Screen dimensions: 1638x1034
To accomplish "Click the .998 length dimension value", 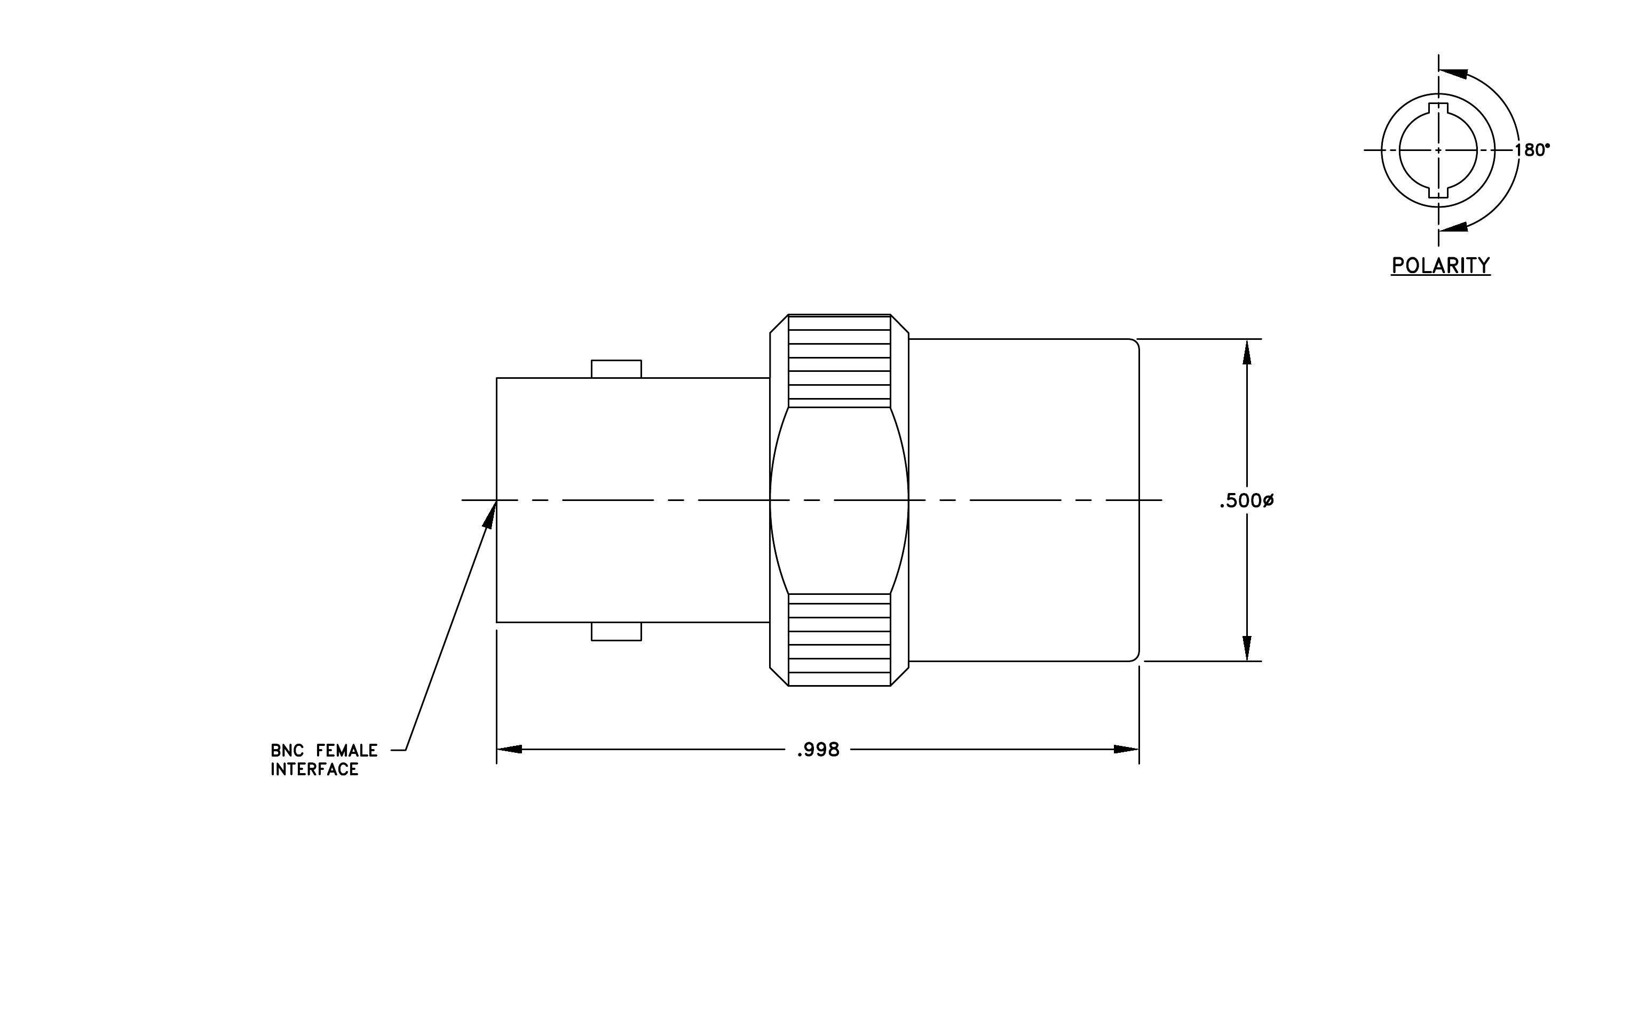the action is coord(818,750).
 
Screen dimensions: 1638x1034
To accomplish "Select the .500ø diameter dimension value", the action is coord(1246,501).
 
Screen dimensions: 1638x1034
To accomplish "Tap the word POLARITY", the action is coord(1441,265).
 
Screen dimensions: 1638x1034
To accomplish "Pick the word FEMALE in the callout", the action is coord(347,751).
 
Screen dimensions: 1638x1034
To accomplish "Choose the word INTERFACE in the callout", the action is coord(314,769).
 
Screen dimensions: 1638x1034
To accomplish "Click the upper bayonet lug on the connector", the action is coord(616,369).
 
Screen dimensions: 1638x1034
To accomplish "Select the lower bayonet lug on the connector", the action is coord(616,631).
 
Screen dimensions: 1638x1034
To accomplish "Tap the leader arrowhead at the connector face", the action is coord(490,513).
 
